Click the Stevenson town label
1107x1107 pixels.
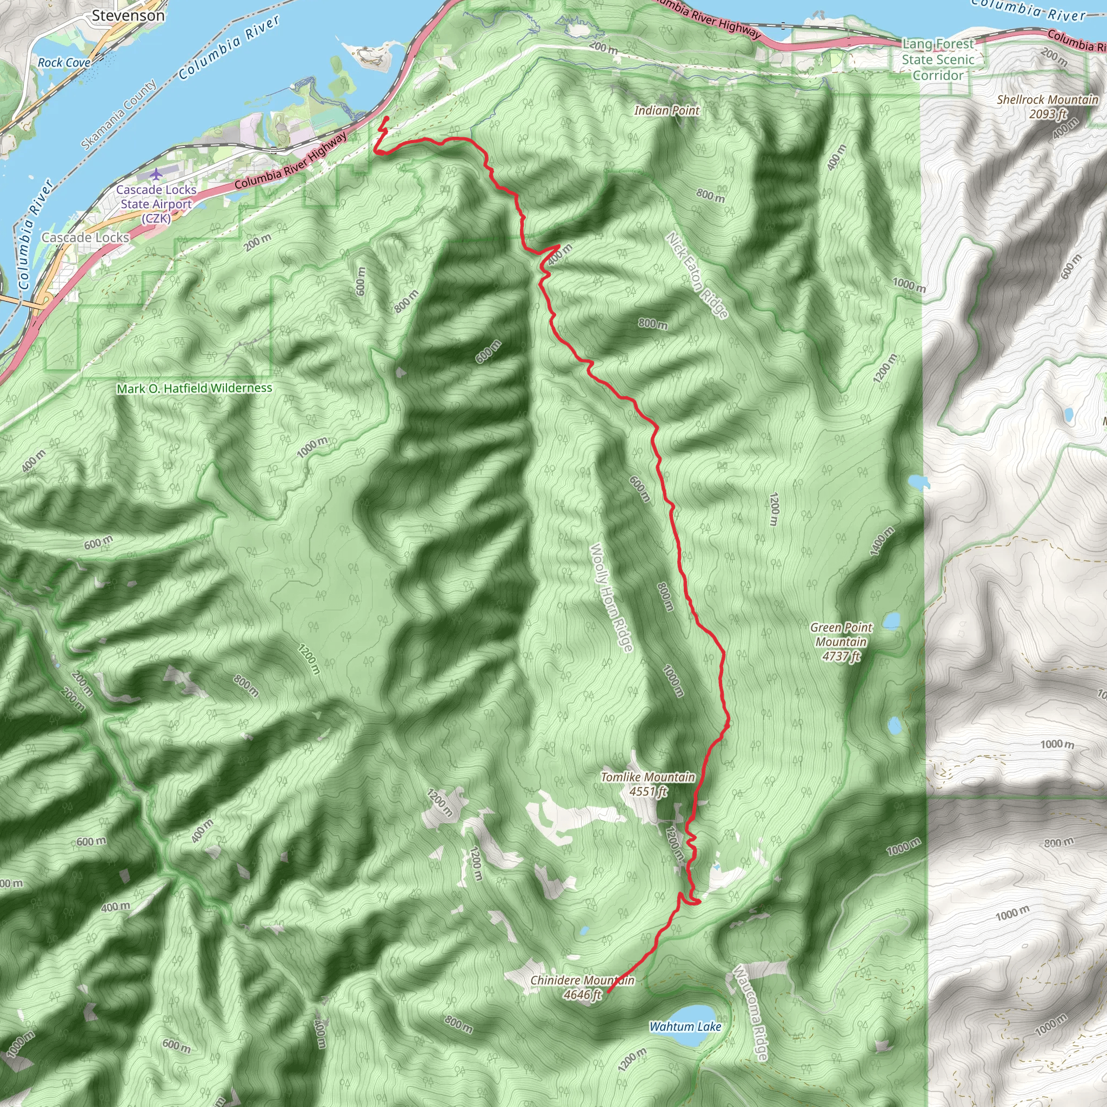pyautogui.click(x=128, y=16)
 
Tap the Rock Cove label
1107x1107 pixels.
pyautogui.click(x=64, y=63)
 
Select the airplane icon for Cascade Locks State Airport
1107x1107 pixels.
pyautogui.click(x=156, y=174)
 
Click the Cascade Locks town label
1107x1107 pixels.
pyautogui.click(x=85, y=237)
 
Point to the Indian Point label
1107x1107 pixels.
pyautogui.click(x=666, y=111)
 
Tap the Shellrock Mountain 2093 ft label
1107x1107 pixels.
pyautogui.click(x=1048, y=106)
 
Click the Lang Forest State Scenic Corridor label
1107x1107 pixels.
pyautogui.click(x=938, y=59)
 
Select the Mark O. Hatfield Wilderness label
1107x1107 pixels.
pyautogui.click(x=194, y=389)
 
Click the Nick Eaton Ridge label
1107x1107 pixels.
pyautogui.click(x=697, y=275)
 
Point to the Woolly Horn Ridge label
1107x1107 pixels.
pyautogui.click(x=611, y=597)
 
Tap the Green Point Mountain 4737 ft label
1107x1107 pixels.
pyautogui.click(x=841, y=642)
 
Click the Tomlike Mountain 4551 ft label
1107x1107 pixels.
pyautogui.click(x=648, y=784)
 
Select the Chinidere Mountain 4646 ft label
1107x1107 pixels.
pyautogui.click(x=582, y=987)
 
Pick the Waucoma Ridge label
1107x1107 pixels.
pyautogui.click(x=751, y=1012)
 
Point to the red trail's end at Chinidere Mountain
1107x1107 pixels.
pyautogui.click(x=607, y=992)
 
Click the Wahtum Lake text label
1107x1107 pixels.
pyautogui.click(x=685, y=1027)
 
